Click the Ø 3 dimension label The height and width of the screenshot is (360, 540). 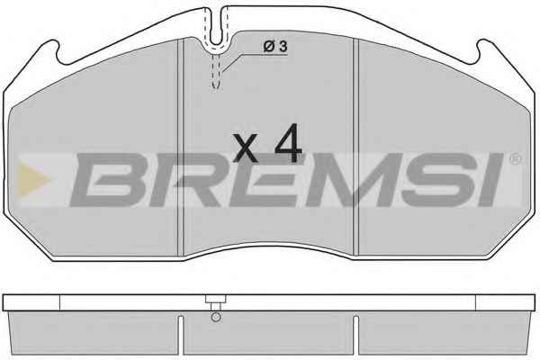[274, 47]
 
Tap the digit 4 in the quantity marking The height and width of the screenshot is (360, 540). [288, 143]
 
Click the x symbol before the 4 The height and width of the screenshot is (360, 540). [245, 148]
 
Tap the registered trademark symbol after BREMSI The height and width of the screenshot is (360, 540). [515, 158]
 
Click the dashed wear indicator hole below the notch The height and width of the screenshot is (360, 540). [216, 71]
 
